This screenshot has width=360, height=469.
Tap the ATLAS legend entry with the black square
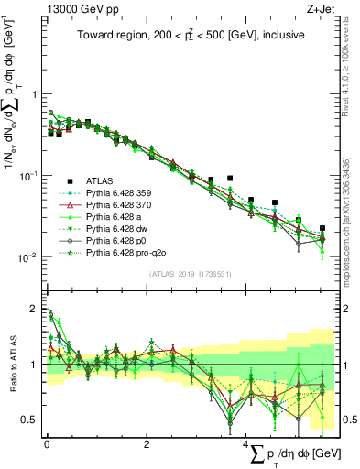(101, 180)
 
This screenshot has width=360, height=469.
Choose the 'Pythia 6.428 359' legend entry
(120, 193)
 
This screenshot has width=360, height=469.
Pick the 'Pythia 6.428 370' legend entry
(120, 205)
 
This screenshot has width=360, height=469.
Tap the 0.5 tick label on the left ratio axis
(29, 420)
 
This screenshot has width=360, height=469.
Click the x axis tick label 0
(47, 443)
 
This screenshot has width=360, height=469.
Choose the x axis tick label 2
(147, 443)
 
